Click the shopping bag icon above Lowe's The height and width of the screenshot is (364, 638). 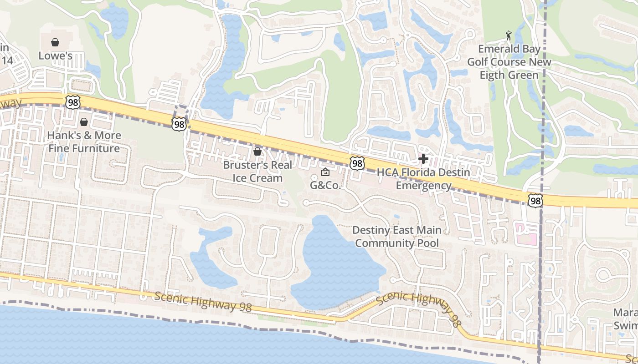tap(55, 42)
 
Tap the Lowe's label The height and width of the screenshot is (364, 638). tap(55, 56)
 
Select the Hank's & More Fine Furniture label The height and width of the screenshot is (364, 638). tap(84, 142)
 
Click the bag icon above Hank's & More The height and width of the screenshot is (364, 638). tap(84, 122)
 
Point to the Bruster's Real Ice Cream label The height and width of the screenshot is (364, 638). tap(257, 172)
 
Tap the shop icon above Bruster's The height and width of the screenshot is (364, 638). tap(257, 152)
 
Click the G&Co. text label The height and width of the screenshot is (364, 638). tap(325, 185)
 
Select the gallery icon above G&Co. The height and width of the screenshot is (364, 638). tap(325, 172)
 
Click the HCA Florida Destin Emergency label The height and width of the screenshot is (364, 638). tap(423, 179)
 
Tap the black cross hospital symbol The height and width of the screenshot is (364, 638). tap(423, 159)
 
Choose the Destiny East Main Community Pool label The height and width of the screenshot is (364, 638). tap(396, 237)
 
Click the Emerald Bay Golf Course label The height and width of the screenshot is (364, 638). tap(509, 62)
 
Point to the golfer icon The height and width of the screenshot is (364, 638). tap(509, 35)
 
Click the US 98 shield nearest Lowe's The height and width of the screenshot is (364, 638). tap(73, 102)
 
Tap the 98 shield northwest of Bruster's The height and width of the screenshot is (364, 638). tap(179, 123)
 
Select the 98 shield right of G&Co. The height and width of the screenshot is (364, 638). tap(357, 163)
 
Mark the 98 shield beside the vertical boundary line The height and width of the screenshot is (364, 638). tap(535, 200)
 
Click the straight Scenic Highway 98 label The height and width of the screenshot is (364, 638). tap(203, 302)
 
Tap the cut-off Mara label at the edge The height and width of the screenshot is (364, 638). tap(625, 319)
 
